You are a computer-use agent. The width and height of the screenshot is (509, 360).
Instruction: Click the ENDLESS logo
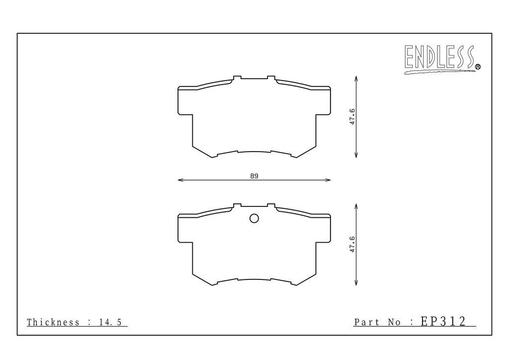click(x=440, y=59)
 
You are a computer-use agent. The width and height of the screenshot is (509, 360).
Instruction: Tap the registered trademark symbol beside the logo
click(x=478, y=67)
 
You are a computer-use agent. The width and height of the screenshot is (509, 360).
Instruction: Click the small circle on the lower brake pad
click(x=254, y=218)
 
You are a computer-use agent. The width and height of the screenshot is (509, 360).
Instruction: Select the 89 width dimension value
click(x=254, y=176)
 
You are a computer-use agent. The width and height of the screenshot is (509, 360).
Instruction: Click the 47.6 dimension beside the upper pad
click(x=352, y=117)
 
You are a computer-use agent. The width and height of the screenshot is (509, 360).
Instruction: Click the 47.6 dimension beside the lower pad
click(x=352, y=245)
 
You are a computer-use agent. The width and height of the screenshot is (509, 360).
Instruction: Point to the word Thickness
click(x=53, y=322)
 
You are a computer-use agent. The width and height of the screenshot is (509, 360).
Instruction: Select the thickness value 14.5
click(x=110, y=322)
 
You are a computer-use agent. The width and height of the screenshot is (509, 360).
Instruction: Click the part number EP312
click(x=443, y=321)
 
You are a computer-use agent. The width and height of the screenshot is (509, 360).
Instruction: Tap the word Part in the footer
click(x=366, y=322)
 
